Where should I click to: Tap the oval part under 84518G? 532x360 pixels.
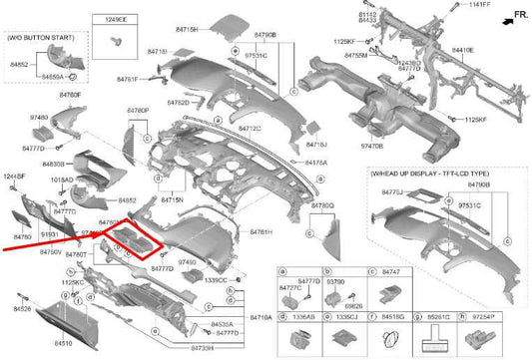coord(393,341)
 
